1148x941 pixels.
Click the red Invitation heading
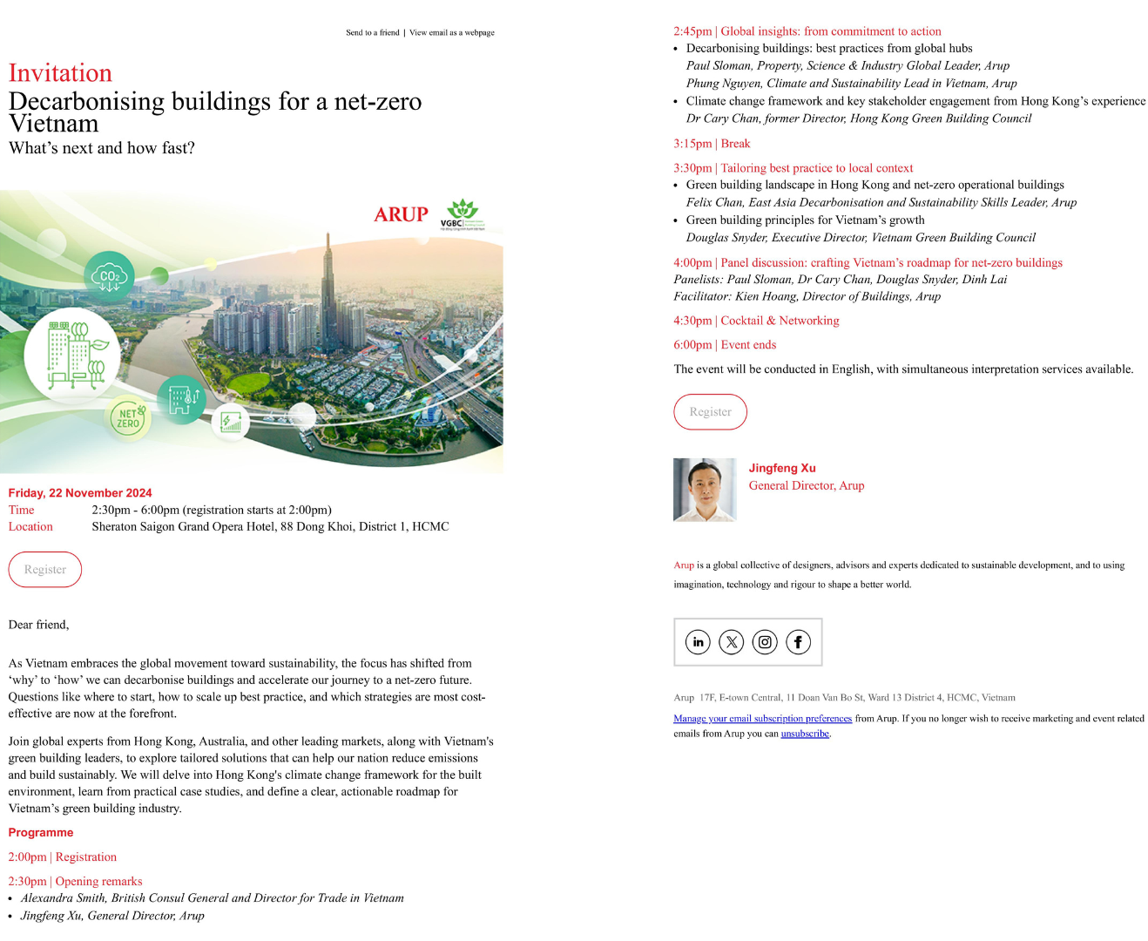point(60,73)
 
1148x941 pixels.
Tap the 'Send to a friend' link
point(372,33)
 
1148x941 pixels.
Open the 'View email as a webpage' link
point(452,33)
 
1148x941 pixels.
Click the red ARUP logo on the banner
point(401,214)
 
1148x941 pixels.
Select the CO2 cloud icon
point(110,276)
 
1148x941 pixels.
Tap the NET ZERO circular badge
point(128,418)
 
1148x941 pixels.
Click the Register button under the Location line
point(45,570)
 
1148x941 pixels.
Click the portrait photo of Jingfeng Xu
point(705,490)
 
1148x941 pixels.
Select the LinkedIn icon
point(698,642)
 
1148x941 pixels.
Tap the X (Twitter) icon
point(732,642)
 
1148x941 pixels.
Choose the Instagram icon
point(765,642)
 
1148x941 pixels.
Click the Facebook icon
point(798,642)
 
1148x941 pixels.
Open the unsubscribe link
point(805,734)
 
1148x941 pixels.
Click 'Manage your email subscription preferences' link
point(762,719)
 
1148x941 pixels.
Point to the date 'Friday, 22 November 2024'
point(80,493)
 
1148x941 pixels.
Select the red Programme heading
point(41,833)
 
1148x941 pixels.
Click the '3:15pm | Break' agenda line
point(712,144)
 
